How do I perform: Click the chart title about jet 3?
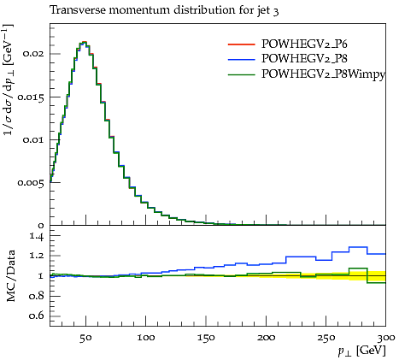[x=164, y=10]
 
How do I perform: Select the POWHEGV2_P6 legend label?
[x=304, y=44]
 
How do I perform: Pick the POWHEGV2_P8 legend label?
[x=304, y=59]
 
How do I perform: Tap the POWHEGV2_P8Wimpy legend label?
[x=323, y=74]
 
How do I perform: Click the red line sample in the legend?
[x=241, y=44]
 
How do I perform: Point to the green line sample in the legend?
[x=241, y=74]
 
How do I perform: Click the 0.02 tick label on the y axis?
[x=33, y=54]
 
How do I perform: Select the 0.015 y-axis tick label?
[x=31, y=97]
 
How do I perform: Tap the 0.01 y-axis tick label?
[x=33, y=140]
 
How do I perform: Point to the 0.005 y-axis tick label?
[x=31, y=182]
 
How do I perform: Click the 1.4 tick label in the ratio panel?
[x=37, y=236]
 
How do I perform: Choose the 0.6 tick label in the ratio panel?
[x=37, y=316]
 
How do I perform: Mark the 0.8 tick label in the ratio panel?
[x=37, y=296]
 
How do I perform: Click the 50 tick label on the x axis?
[x=85, y=338]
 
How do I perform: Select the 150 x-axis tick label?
[x=206, y=338]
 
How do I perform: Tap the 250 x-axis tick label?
[x=326, y=338]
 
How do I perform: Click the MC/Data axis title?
[x=11, y=276]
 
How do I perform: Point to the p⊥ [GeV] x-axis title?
[x=361, y=351]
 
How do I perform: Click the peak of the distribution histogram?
[x=84, y=42]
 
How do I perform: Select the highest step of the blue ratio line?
[x=358, y=247]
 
